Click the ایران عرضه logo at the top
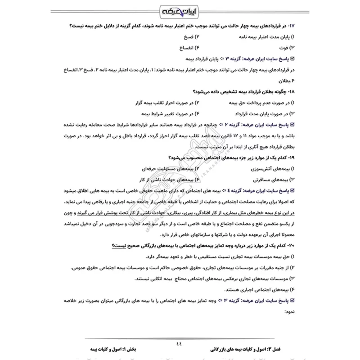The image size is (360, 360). [180, 10]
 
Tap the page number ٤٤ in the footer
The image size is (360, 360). [180, 342]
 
